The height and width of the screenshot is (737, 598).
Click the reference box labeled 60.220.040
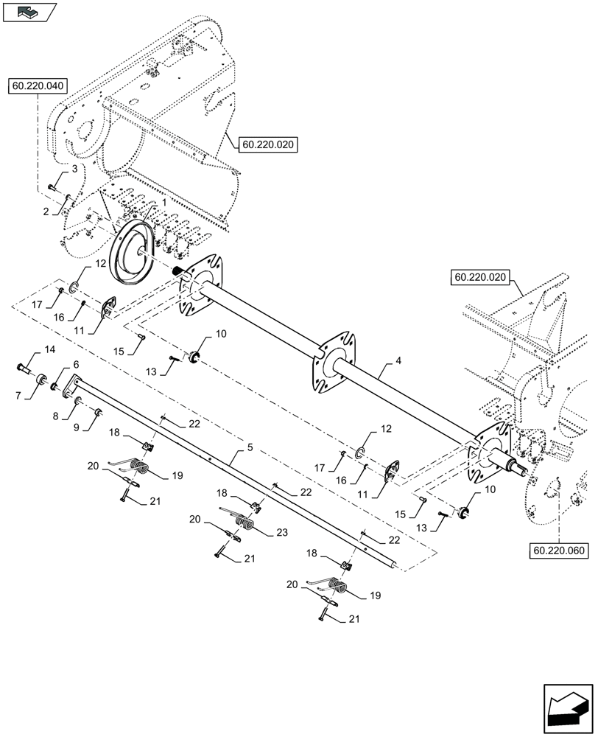(x=39, y=86)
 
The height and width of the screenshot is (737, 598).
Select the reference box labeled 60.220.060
(x=557, y=551)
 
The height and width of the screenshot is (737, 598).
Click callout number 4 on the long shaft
(x=398, y=361)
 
